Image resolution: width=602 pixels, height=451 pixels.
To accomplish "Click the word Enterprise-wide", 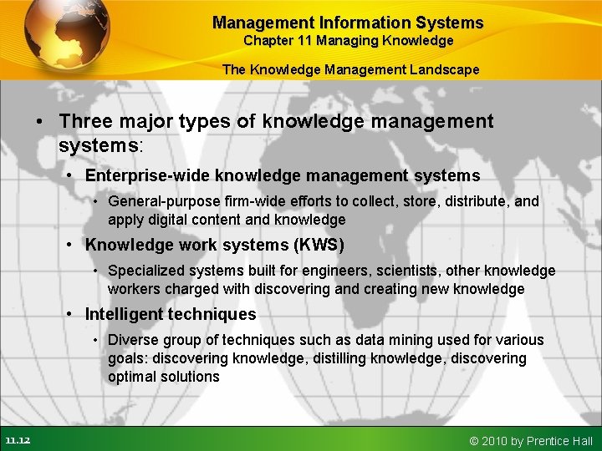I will (148, 175).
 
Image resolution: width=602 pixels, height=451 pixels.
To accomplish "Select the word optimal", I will (133, 377).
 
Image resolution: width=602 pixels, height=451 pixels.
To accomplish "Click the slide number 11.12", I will (18, 440).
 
